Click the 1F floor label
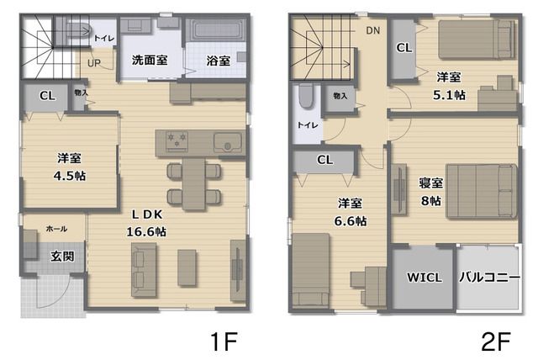coord(224,341)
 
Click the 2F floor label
coord(496,341)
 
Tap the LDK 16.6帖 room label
coord(147,223)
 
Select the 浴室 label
coord(219,61)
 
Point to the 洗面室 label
coord(150,60)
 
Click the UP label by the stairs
coord(94,63)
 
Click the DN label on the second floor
coord(373,30)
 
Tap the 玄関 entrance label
coord(62,256)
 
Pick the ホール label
coord(56,229)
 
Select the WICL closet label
coord(425,278)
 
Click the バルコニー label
coord(489,277)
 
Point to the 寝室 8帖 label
coord(431,192)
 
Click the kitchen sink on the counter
coord(228,142)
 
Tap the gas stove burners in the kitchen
coord(177,141)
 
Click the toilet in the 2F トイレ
coord(306,96)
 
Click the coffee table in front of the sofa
coord(187,267)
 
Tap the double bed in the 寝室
coord(481,191)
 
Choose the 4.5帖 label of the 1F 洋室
coord(70,176)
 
